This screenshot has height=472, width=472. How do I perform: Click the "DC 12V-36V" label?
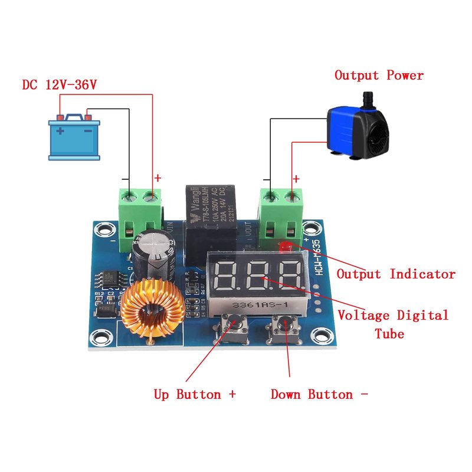59,85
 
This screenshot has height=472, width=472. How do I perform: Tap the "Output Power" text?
379,76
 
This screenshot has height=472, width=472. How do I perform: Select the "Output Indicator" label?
396,274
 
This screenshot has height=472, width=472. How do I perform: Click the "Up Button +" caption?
195,394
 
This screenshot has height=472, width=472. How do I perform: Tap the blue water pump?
357,131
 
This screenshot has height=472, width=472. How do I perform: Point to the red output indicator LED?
287,246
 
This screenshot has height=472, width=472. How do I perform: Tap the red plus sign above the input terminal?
158,178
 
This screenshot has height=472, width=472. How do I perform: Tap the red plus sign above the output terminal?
296,178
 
